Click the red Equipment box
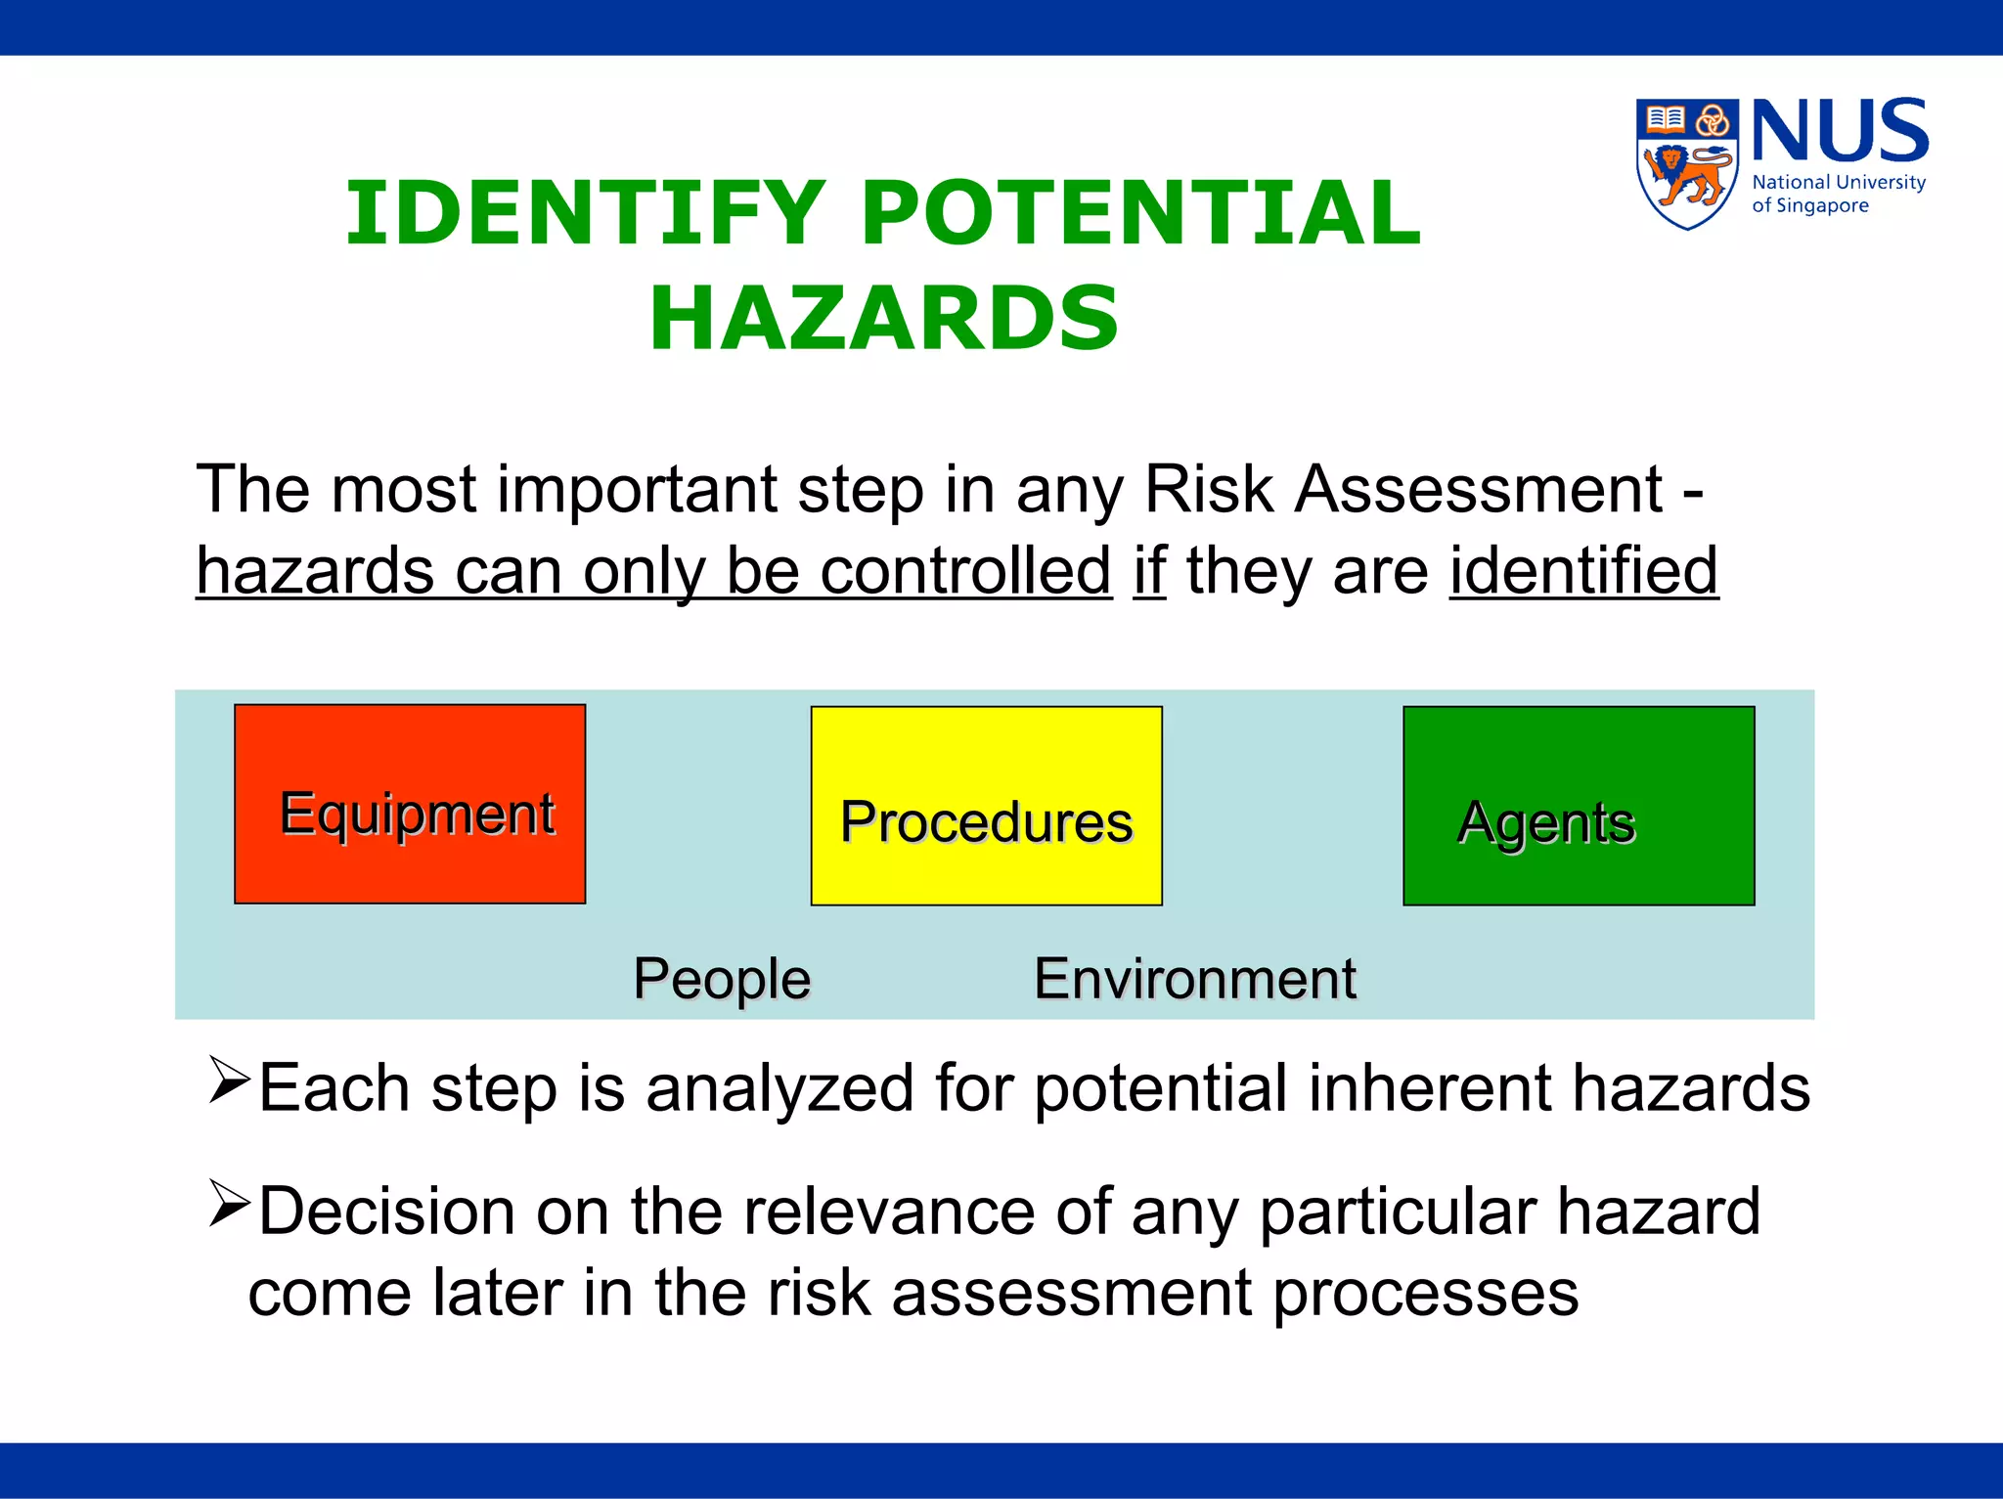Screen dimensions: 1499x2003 click(410, 804)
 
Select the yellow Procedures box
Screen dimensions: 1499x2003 click(986, 806)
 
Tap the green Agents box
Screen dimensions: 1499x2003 click(1578, 806)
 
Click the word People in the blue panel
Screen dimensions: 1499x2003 click(722, 979)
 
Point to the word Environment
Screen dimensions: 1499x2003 click(1195, 979)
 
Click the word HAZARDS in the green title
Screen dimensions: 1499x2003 click(884, 318)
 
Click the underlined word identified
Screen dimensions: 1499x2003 click(1583, 571)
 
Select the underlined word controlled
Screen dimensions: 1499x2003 click(965, 571)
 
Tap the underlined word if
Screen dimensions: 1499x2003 click(1149, 571)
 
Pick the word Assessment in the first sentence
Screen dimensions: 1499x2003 click(1478, 489)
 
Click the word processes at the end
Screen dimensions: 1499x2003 click(1425, 1294)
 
